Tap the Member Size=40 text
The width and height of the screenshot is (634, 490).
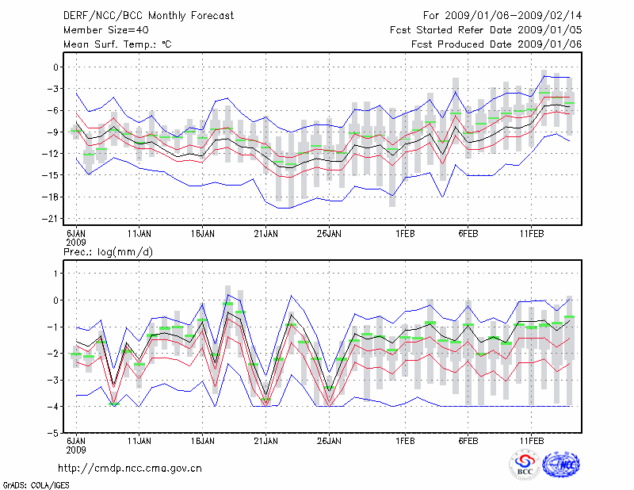[104, 29]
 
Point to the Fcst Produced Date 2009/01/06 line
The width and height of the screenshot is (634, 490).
[497, 44]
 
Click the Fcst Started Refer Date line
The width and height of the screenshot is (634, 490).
[486, 29]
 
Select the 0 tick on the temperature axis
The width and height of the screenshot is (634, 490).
[55, 67]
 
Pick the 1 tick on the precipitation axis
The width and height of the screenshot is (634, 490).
[55, 274]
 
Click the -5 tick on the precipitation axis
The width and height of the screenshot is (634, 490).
[52, 434]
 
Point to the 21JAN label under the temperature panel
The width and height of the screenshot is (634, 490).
[266, 234]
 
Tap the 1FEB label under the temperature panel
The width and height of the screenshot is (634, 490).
[405, 234]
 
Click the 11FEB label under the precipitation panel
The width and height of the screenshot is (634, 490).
[531, 440]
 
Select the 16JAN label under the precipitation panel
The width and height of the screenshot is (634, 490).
[203, 440]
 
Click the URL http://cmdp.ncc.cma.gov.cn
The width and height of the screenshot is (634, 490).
[130, 468]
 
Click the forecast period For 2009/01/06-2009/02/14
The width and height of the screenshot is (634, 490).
[502, 15]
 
